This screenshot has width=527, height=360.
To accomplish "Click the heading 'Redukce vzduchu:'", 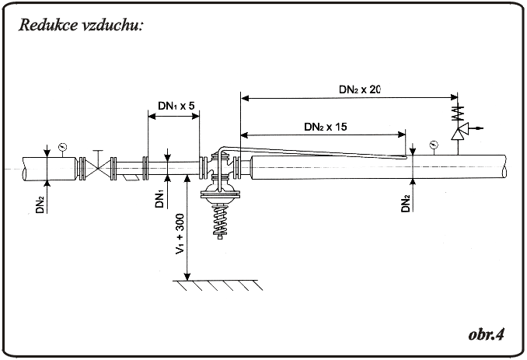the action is tap(81, 25).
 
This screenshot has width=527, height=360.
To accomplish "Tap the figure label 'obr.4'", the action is tap(487, 334).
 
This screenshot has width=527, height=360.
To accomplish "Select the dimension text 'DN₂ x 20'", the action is tap(360, 89).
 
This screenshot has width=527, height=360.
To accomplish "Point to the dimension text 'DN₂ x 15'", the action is tap(326, 127).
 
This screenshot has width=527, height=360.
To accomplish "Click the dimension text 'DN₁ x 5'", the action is tap(176, 106).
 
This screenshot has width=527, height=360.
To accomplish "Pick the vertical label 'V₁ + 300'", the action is tap(180, 233).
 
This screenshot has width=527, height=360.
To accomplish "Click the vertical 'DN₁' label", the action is tap(159, 199).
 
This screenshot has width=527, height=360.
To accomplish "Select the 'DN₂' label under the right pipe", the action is tap(406, 203).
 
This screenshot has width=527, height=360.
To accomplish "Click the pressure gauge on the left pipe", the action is tap(62, 147).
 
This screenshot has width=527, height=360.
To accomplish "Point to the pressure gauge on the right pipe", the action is tap(434, 145).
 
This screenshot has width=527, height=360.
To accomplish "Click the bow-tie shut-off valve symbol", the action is tap(98, 169).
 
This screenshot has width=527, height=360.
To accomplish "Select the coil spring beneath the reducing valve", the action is tap(220, 220).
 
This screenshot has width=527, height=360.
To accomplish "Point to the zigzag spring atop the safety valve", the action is tap(457, 113).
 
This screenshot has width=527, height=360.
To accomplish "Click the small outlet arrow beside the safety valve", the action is tap(477, 128).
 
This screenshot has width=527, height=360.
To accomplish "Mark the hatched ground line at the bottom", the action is tap(218, 285).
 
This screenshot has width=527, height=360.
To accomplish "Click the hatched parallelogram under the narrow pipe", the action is tap(131, 178).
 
